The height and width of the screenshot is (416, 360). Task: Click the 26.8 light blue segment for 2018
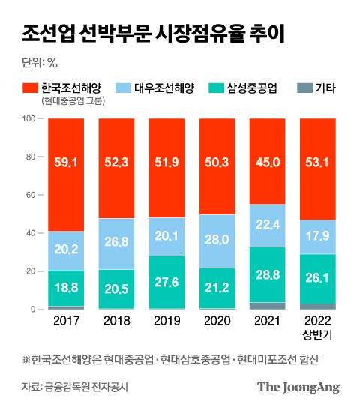pos(116,243)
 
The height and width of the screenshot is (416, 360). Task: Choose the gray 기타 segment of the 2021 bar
pos(267,306)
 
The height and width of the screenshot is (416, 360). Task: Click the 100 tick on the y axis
pos(30,118)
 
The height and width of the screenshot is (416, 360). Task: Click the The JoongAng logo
pos(298,388)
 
